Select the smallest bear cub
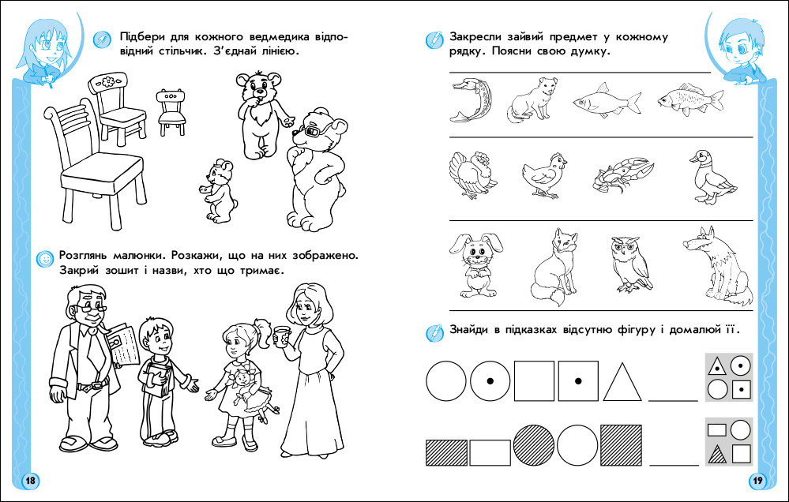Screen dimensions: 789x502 pos(220,191)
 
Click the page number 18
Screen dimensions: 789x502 pos(31,481)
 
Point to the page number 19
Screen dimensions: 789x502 pos(757,481)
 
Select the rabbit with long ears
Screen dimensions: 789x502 pos(475,264)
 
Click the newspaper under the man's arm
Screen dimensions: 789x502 pos(124,344)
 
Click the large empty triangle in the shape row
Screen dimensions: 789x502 pos(622,382)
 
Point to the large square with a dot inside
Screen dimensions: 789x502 pos(578,380)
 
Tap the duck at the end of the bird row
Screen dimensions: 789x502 pos(711,177)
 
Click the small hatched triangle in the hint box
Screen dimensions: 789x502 pos(717,455)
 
